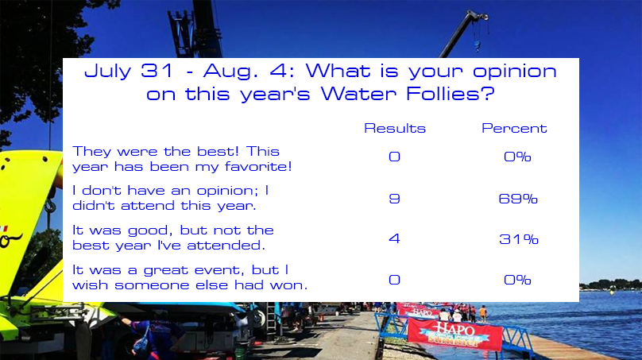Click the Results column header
(x=395, y=128)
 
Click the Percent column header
(x=514, y=128)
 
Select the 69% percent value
(x=518, y=199)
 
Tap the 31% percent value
(x=518, y=238)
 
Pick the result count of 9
(x=394, y=199)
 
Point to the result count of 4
(x=394, y=238)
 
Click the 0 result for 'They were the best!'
(x=394, y=157)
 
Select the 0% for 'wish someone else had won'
(x=517, y=280)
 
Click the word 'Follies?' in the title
(x=451, y=94)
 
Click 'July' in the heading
(x=108, y=72)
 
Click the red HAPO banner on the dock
(x=454, y=334)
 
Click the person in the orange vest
(x=483, y=313)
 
